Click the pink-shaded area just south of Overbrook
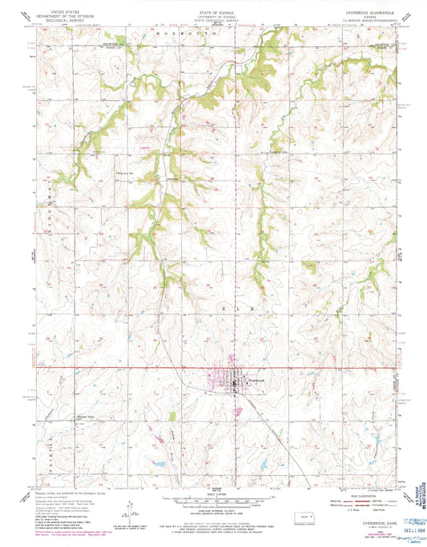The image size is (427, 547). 238,411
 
